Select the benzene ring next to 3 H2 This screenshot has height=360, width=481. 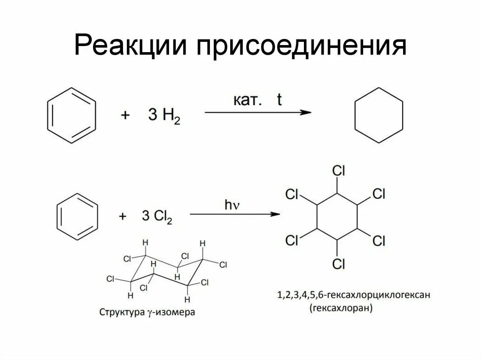pyautogui.click(x=71, y=115)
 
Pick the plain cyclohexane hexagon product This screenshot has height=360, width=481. pyautogui.click(x=378, y=115)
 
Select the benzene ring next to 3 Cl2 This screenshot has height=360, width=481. pyautogui.click(x=78, y=216)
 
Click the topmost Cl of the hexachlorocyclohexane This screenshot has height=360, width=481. pyautogui.click(x=338, y=171)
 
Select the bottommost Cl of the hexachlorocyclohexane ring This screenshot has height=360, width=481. pyautogui.click(x=338, y=264)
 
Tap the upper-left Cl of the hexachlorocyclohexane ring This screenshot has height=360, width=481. pyautogui.click(x=292, y=194)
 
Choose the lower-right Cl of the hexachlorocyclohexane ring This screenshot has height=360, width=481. pyautogui.click(x=379, y=241)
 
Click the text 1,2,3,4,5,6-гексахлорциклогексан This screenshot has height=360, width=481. pyautogui.click(x=354, y=296)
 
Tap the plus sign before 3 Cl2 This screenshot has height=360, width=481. pyautogui.click(x=123, y=216)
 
